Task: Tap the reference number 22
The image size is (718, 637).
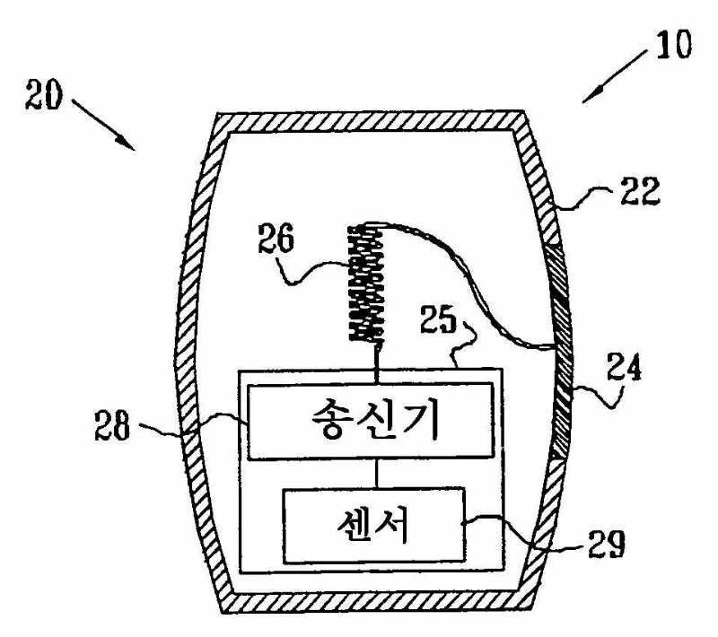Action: click(639, 190)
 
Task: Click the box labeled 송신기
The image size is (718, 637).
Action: click(370, 420)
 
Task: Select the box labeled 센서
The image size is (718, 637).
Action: click(373, 524)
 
